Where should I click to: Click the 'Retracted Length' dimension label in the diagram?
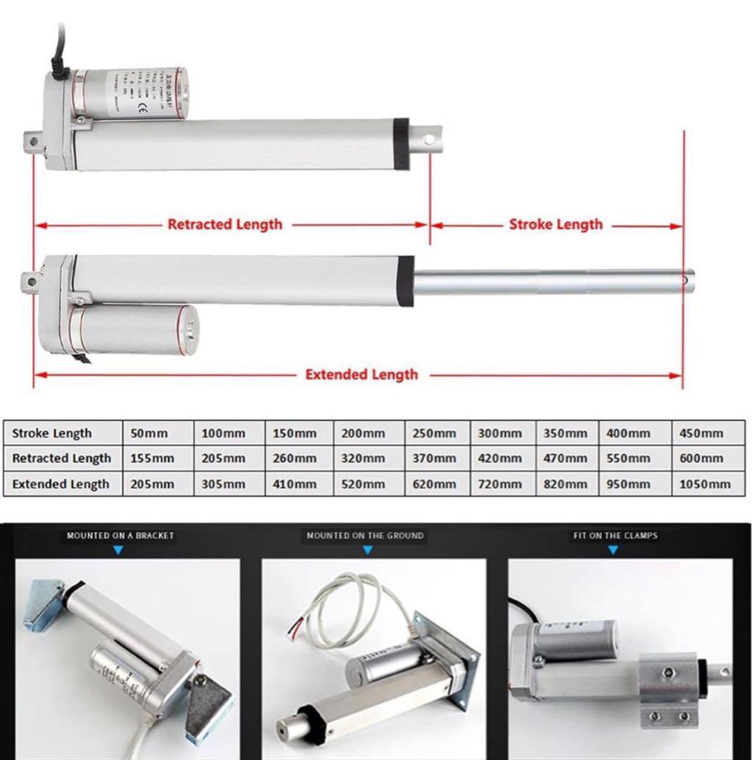[x=224, y=224]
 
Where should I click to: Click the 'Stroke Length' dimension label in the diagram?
[x=556, y=224]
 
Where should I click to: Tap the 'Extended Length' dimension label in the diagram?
[x=361, y=374]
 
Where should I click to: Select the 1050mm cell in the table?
[x=706, y=484]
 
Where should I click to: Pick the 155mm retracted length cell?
[x=152, y=459]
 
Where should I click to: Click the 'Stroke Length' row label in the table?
[x=52, y=433]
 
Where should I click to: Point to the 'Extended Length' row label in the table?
[x=60, y=484]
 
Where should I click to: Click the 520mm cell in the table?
[x=363, y=484]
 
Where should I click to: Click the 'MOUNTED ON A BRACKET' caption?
[x=120, y=536]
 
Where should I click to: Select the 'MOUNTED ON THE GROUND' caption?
[x=365, y=536]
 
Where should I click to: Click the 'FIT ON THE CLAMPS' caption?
[x=614, y=536]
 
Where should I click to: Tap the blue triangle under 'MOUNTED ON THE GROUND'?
[x=365, y=550]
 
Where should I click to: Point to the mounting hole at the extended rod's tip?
[x=685, y=279]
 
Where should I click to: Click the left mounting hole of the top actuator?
[x=32, y=141]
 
